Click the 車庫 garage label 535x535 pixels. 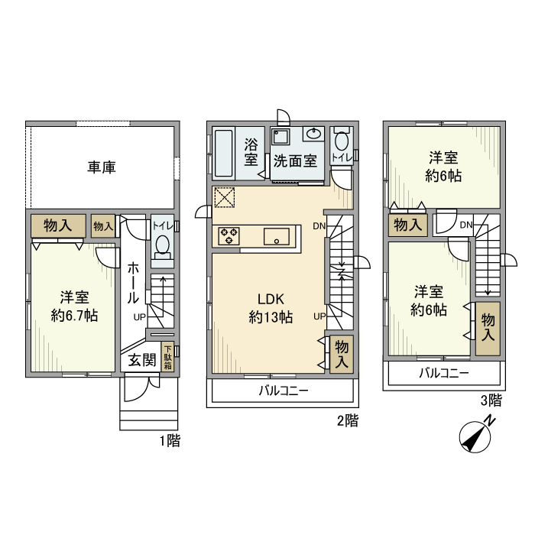tap(102, 167)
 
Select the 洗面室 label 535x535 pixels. tap(295, 161)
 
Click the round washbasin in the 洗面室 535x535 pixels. tap(313, 135)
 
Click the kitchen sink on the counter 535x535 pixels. tap(276, 236)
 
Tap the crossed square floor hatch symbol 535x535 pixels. tap(225, 197)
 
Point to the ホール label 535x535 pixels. tap(133, 283)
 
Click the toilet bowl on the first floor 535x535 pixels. tap(162, 245)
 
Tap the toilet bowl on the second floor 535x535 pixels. tap(342, 141)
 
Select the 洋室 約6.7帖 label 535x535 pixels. tap(74, 306)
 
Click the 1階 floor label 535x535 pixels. tap(170, 441)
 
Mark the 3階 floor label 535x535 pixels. tap(491, 400)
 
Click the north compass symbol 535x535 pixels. tap(476, 438)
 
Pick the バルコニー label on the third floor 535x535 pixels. tap(443, 374)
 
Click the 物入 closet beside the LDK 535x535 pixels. tap(342, 354)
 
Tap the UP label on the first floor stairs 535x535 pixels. tap(140, 317)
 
